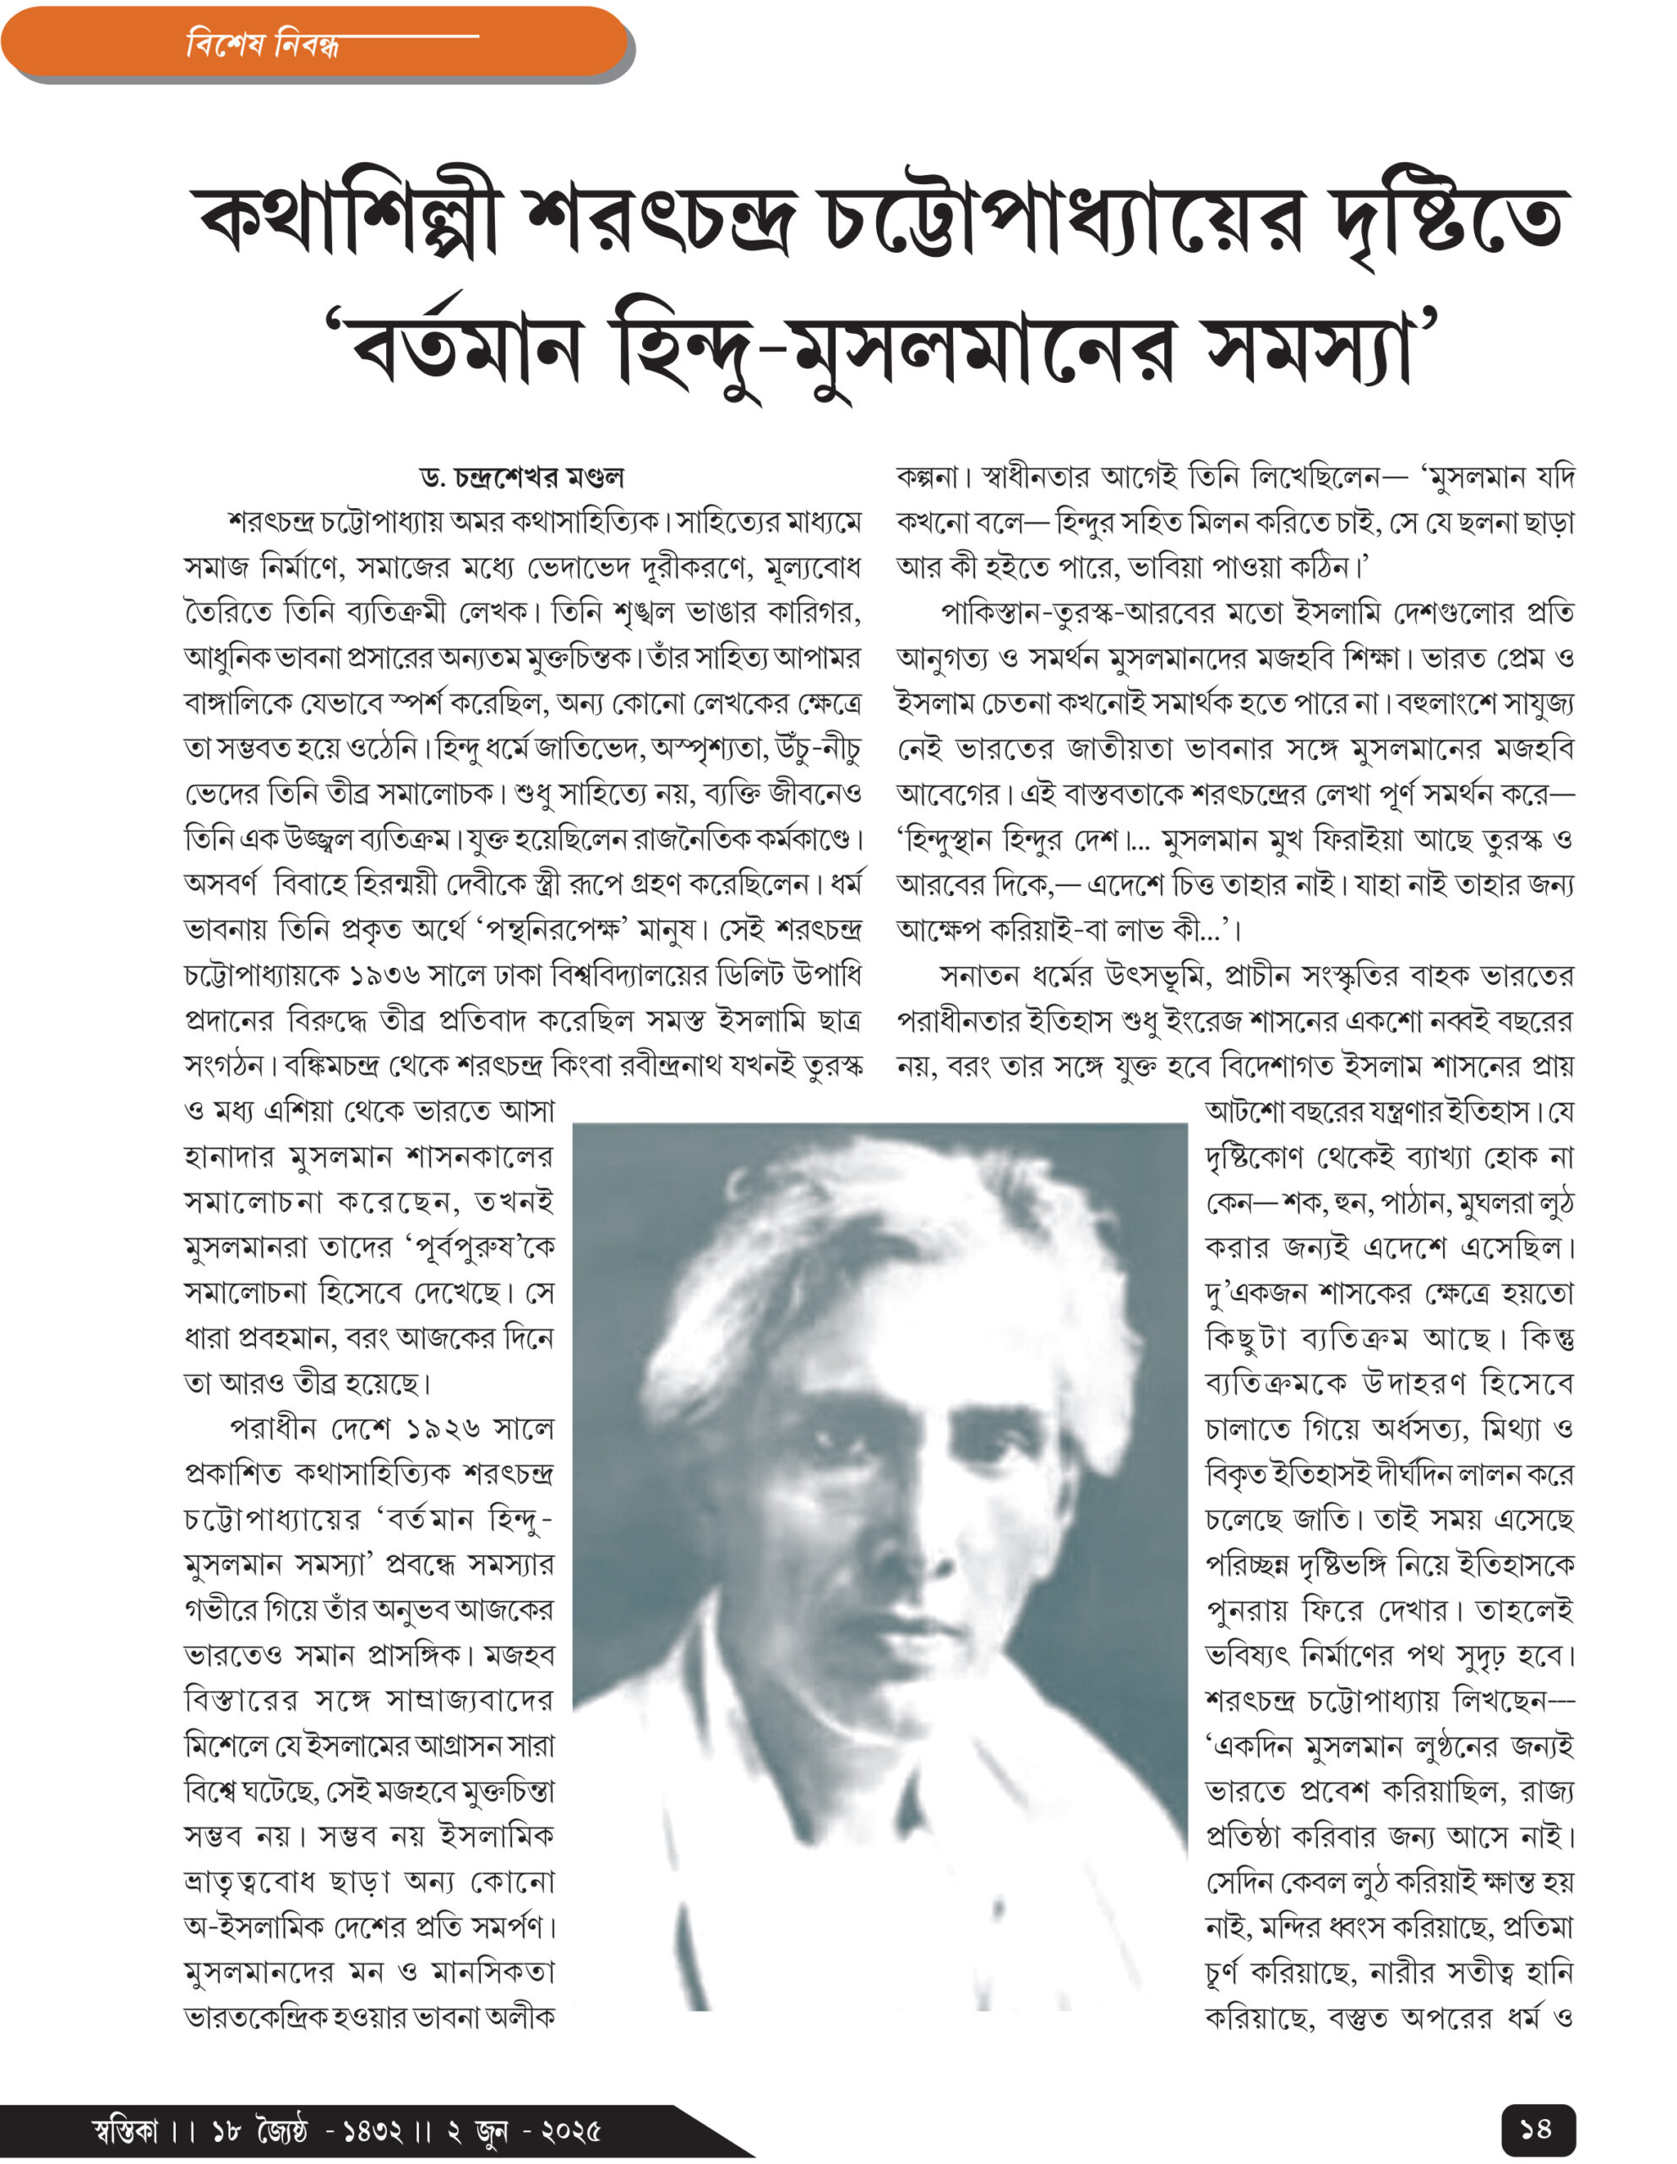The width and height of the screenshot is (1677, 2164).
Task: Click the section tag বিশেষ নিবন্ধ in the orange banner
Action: (263, 45)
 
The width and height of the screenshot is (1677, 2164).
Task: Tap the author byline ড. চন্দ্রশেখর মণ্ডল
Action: (522, 478)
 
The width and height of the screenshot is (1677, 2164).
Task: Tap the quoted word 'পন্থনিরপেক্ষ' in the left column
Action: (552, 932)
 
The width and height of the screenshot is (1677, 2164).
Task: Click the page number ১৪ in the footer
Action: (1535, 2128)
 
